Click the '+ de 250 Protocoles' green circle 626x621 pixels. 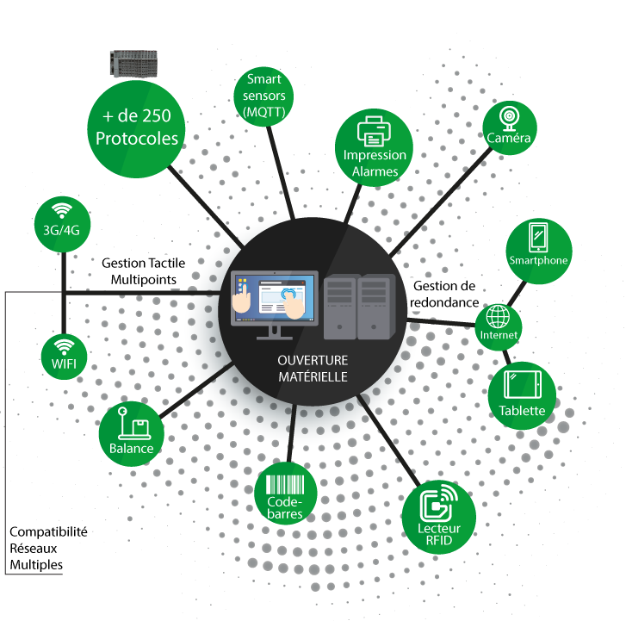coord(137,127)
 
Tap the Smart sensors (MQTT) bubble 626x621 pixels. coord(265,94)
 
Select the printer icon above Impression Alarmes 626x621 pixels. coord(375,133)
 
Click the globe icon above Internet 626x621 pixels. coord(499,317)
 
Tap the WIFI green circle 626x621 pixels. coord(64,354)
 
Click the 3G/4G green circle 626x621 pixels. coord(62,220)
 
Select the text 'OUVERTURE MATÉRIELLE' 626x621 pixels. coord(313,368)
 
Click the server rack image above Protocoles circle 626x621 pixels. coord(133,64)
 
